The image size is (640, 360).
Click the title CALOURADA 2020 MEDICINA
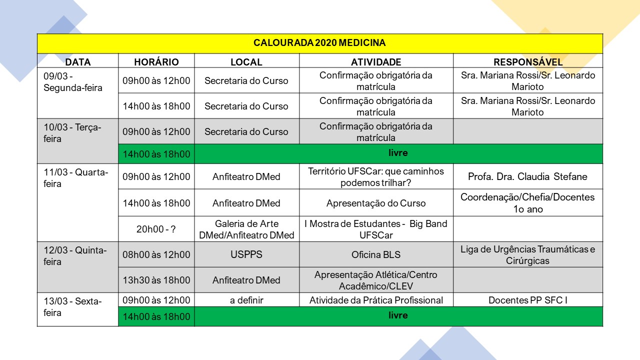click(x=319, y=43)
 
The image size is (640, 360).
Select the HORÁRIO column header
click(x=156, y=62)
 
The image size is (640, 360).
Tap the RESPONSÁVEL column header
click(x=528, y=62)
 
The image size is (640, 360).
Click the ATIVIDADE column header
click(x=376, y=62)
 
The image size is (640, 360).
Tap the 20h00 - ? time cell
click(x=156, y=229)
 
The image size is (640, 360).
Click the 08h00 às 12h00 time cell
click(x=156, y=254)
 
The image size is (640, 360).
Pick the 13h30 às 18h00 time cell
click(x=156, y=280)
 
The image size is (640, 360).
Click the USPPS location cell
click(x=246, y=254)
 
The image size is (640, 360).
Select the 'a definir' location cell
click(x=246, y=300)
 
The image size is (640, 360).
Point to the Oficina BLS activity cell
click(x=376, y=254)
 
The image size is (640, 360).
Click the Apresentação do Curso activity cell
click(x=376, y=203)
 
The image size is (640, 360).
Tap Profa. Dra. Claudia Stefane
click(x=527, y=176)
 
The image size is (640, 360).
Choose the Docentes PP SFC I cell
click(x=527, y=300)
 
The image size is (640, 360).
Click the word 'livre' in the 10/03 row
click(x=398, y=153)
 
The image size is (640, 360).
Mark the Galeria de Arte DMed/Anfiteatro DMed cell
click(x=246, y=229)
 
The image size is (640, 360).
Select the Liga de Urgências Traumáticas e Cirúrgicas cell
click(x=527, y=255)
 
